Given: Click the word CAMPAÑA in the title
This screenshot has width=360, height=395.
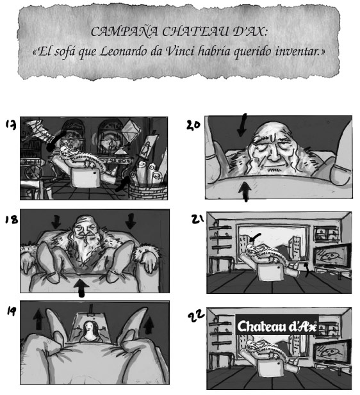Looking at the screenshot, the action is (124, 32).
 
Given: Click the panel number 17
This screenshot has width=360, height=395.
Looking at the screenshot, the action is (11, 125).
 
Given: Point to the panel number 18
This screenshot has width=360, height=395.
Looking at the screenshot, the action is (12, 220).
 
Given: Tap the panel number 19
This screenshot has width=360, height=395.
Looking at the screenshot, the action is (11, 312).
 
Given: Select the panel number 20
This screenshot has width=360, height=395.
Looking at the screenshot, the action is (193, 125).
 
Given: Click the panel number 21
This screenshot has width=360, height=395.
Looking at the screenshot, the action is (197, 219).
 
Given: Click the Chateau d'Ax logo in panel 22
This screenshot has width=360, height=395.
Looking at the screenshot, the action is (277, 326).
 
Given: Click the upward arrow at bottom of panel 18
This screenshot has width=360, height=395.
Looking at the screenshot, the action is (81, 287).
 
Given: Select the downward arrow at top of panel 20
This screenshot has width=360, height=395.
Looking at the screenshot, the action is (242, 125).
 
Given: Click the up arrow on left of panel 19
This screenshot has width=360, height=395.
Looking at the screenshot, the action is (38, 319).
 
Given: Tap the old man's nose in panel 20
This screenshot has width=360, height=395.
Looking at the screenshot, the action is (274, 154).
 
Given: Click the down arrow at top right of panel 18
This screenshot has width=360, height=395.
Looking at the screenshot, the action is (131, 221).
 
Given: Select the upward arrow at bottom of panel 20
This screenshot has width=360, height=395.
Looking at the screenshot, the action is (245, 191).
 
